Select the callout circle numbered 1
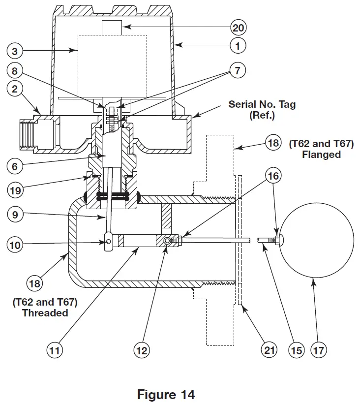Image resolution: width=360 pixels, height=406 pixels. (238, 46)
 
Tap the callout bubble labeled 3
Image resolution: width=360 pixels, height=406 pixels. (15, 50)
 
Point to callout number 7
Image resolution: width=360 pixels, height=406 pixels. (238, 70)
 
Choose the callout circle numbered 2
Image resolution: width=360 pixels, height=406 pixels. (15, 90)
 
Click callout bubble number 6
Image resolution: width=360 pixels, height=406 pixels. (15, 166)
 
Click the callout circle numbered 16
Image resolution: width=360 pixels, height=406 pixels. (274, 175)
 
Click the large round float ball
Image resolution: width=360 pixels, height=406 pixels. (317, 241)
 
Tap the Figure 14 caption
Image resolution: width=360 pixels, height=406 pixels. (166, 394)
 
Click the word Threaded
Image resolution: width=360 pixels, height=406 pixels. (45, 313)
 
